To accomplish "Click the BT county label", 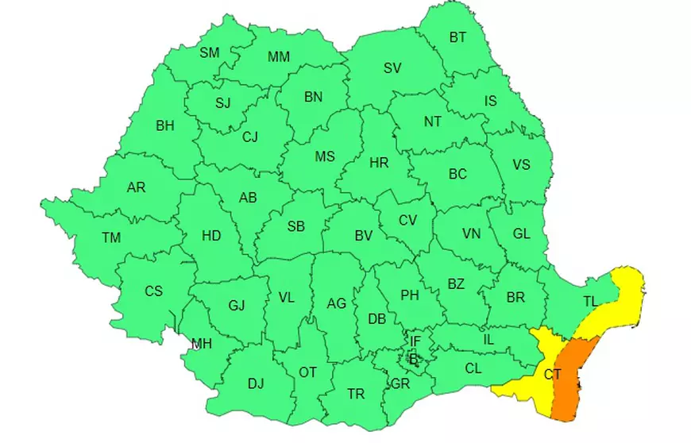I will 458,37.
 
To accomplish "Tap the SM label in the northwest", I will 210,53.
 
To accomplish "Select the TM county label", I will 111,237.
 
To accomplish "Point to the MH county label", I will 202,344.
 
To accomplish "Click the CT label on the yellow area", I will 553,374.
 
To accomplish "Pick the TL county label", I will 590,302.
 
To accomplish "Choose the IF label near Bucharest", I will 415,341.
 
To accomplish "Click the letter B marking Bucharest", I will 412,358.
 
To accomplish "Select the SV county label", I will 392,68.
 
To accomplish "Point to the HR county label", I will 379,163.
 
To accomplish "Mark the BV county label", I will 363,235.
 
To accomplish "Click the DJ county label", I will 255,384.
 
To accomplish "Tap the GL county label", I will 521,233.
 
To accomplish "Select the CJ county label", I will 250,137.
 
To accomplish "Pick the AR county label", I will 136,188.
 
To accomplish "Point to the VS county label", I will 521,165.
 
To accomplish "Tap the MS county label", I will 325,156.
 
